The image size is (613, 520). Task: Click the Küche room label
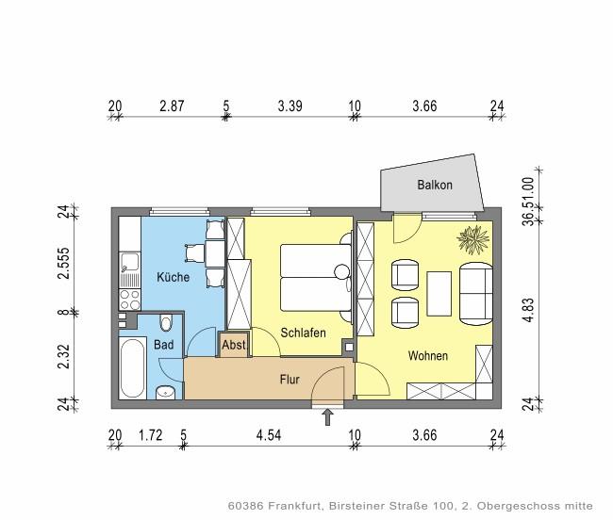tap(173, 277)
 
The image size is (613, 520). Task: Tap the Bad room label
tap(164, 346)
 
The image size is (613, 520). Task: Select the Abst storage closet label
tap(233, 346)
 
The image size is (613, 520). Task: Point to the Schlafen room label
tap(303, 333)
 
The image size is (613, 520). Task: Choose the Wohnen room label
tap(427, 356)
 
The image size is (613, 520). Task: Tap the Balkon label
tap(435, 186)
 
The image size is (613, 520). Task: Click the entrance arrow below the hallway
tap(328, 415)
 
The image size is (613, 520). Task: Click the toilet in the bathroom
tap(166, 323)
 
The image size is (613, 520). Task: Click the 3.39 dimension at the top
tap(290, 106)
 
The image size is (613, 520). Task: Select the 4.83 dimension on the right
tap(529, 311)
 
